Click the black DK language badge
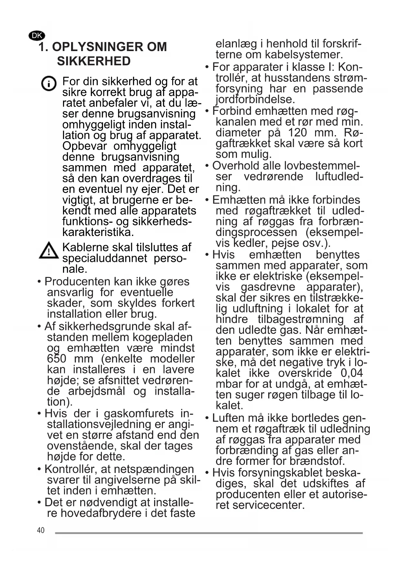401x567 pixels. click(37, 36)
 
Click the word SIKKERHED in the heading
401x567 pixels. click(94, 61)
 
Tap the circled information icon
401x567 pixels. click(49, 84)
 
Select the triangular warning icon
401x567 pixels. click(48, 251)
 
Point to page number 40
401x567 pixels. click(41, 530)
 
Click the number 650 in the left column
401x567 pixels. click(57, 359)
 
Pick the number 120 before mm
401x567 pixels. click(297, 133)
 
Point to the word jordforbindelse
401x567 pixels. click(255, 99)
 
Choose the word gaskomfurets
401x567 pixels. click(139, 413)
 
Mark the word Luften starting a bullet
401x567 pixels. click(228, 418)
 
